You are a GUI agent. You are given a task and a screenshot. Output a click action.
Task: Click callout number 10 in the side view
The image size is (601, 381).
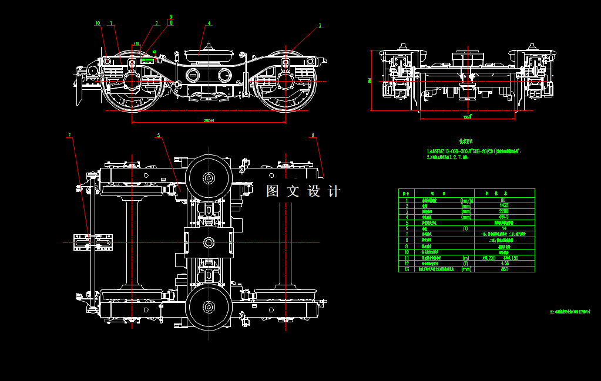click(98, 23)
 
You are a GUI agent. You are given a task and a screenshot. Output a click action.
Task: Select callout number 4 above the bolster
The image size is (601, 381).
click(209, 23)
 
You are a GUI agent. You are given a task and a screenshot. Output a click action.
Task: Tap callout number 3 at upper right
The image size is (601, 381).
click(320, 25)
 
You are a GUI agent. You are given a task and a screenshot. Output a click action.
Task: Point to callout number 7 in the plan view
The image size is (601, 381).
click(69, 136)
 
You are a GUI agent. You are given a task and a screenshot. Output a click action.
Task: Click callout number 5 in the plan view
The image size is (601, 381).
click(158, 136)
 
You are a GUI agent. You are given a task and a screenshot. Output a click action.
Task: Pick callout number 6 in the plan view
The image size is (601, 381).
click(313, 136)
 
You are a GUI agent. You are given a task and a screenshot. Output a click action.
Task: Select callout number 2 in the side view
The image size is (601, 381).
click(157, 23)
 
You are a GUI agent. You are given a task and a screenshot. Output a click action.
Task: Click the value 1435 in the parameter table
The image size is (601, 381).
click(503, 205)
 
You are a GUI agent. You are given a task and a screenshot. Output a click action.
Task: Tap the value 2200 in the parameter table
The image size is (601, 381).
click(503, 211)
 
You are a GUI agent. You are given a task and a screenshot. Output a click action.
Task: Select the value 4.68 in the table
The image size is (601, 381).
click(503, 264)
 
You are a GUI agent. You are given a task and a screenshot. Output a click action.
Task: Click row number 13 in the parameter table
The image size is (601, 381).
click(406, 269)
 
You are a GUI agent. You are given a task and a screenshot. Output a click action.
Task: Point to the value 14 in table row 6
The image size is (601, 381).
click(503, 228)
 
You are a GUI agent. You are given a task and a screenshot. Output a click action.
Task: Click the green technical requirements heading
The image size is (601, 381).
click(466, 141)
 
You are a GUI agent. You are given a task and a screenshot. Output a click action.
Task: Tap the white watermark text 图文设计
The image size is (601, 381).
click(303, 192)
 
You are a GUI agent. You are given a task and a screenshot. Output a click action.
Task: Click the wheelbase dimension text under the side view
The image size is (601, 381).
click(209, 121)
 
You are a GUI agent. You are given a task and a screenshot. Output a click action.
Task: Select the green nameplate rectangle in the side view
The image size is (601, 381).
click(146, 60)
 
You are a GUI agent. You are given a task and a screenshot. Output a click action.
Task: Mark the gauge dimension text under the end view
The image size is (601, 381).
click(468, 117)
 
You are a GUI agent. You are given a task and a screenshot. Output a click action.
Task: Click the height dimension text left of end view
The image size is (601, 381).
click(370, 80)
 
